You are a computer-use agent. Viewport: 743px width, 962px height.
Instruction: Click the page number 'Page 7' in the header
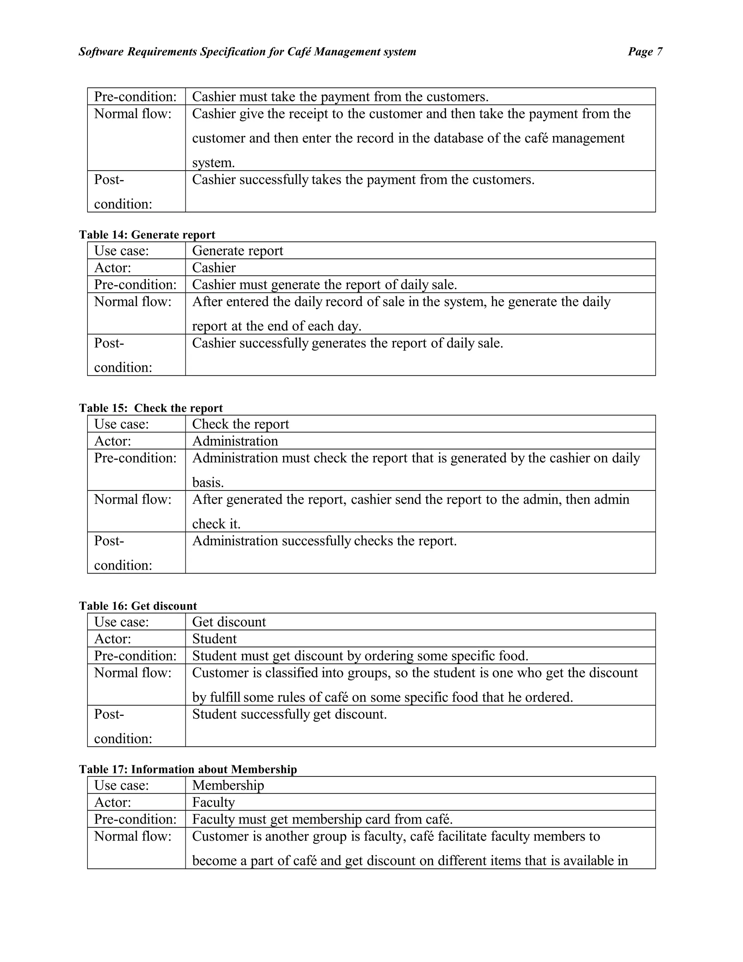coord(644,52)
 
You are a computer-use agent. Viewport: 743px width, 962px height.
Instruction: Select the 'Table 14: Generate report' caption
coord(147,235)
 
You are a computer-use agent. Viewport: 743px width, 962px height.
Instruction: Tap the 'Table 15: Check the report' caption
coord(151,408)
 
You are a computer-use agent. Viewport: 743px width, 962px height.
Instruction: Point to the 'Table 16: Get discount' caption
coord(138,606)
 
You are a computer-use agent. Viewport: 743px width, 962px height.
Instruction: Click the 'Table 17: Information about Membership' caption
coord(188,769)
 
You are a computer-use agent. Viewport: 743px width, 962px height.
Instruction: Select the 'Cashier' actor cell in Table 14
coord(214,268)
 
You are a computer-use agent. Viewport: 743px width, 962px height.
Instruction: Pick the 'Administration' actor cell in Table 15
coord(235,441)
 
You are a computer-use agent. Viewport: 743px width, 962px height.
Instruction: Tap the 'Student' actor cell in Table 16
coord(214,639)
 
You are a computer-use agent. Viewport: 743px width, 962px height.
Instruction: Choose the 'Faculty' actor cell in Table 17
coord(213,802)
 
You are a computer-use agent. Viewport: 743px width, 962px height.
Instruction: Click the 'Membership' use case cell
coord(228,785)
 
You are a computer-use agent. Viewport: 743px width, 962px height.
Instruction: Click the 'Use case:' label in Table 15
coord(122,424)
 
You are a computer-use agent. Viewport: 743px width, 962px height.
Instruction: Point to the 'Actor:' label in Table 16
coord(113,639)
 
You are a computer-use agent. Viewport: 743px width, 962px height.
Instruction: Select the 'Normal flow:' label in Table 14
coord(132,302)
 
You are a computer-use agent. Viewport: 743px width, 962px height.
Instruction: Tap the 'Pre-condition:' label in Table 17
coord(135,819)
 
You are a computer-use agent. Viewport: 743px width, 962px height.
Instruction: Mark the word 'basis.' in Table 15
coord(208,482)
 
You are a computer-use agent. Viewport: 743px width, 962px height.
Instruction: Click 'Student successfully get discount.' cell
coord(289,714)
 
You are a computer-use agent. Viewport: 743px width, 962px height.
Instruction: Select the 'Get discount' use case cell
coord(229,622)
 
